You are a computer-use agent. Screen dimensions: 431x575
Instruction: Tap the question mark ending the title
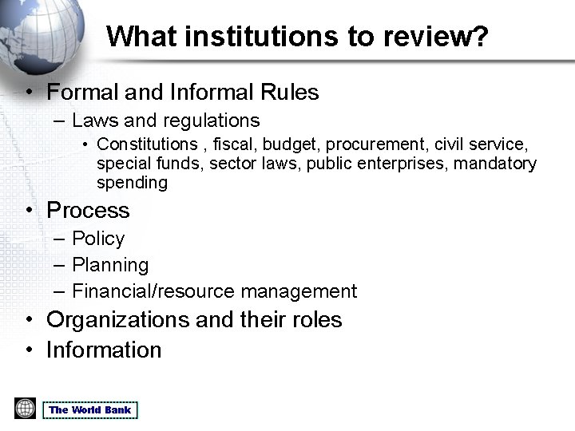coord(479,37)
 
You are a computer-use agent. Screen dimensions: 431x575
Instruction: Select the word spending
coord(132,183)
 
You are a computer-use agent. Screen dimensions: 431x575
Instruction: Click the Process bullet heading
coord(88,211)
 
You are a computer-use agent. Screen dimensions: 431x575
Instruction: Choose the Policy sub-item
coord(98,239)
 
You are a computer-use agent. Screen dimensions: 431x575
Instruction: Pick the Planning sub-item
coord(110,265)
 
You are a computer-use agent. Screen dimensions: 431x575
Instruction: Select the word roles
coord(316,320)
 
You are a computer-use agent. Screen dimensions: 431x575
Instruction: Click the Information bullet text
coord(104,350)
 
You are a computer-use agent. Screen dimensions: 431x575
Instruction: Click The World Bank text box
coord(90,410)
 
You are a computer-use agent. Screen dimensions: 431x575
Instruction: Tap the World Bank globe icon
coord(25,409)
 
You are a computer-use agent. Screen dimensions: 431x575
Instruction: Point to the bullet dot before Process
coord(29,212)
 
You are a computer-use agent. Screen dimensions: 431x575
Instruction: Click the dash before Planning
coord(59,265)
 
